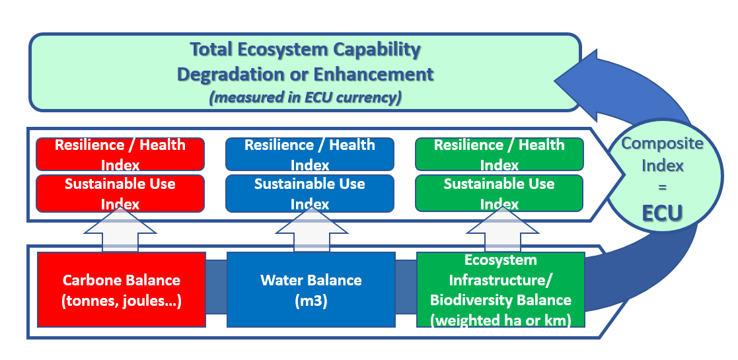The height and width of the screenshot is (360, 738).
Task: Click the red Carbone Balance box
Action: click(122, 289)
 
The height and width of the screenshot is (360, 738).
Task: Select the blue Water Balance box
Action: click(311, 289)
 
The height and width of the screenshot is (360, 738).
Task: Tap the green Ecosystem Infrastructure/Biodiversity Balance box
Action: click(500, 289)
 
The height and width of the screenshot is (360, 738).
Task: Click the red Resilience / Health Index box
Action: click(120, 154)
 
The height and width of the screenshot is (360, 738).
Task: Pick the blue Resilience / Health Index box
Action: click(309, 154)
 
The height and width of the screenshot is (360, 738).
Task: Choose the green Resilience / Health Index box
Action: click(499, 154)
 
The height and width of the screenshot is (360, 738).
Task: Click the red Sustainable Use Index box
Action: click(120, 192)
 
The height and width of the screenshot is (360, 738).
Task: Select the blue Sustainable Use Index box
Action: click(309, 192)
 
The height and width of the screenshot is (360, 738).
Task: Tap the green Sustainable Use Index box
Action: click(499, 192)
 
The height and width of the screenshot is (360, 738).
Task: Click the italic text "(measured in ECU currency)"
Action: click(305, 97)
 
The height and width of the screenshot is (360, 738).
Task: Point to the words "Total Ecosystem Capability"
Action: click(305, 50)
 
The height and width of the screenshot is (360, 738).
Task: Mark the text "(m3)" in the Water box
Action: click(311, 300)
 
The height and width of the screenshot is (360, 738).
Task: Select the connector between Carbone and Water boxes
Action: click(216, 287)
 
